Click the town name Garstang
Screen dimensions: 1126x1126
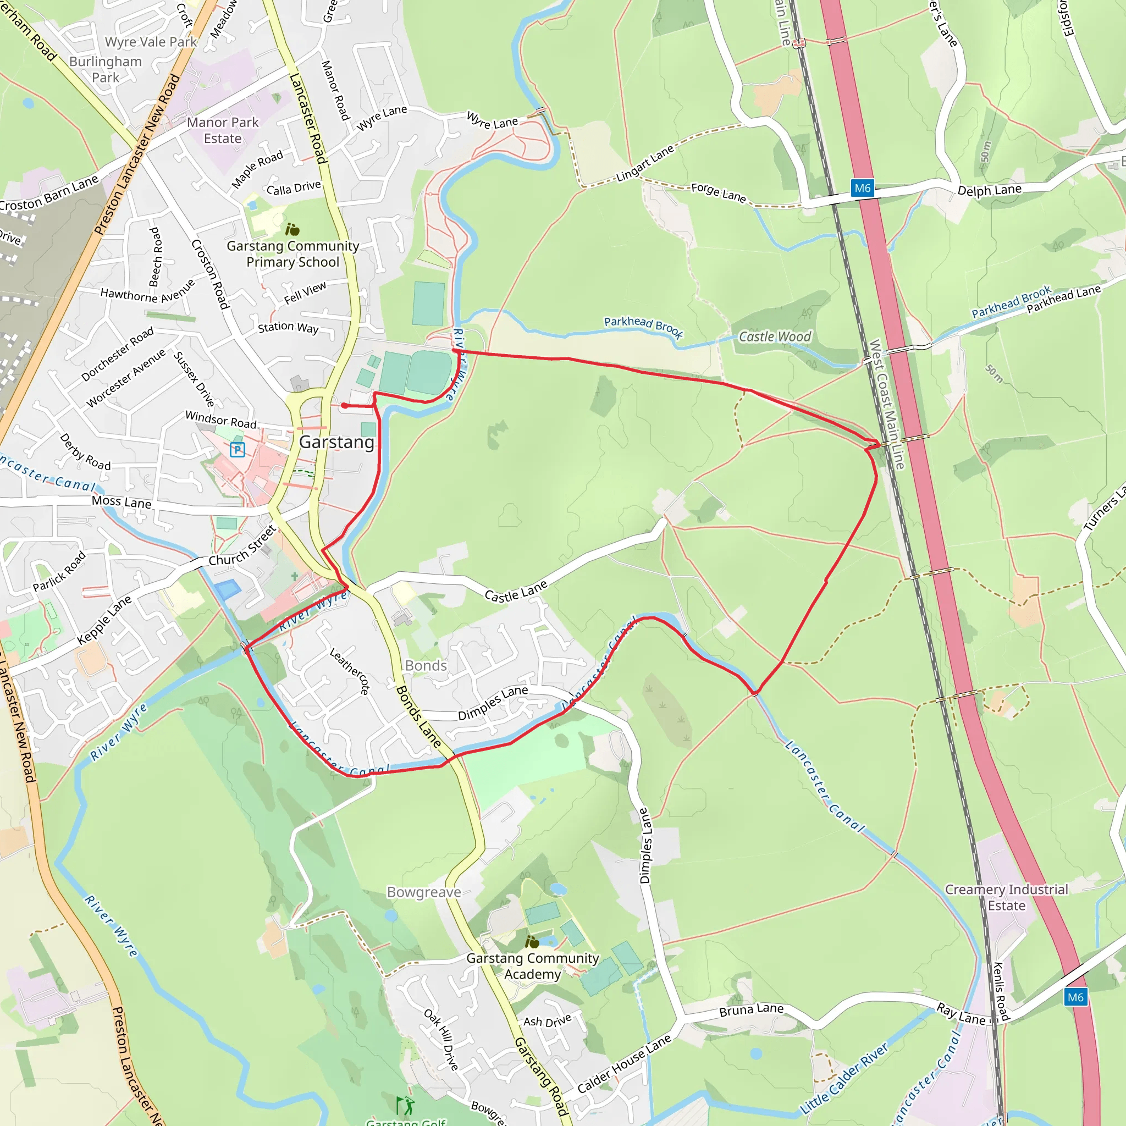click(x=336, y=442)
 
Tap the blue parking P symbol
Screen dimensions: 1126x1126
click(x=237, y=449)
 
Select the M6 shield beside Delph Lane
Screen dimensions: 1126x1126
click(x=862, y=188)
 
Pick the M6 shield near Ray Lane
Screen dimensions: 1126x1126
click(x=1075, y=997)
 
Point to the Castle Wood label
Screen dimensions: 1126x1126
click(x=775, y=337)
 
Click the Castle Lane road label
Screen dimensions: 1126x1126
click(x=516, y=592)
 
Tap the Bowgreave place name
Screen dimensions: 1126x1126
click(x=424, y=892)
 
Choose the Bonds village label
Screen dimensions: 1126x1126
click(x=426, y=666)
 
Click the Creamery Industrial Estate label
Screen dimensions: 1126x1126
click(x=1007, y=897)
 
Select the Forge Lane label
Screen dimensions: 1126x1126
click(x=718, y=192)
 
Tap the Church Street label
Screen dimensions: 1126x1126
click(x=242, y=545)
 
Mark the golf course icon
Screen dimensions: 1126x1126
click(x=405, y=1105)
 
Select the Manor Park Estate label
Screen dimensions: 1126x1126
click(x=223, y=130)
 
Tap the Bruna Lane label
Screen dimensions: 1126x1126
click(x=751, y=1010)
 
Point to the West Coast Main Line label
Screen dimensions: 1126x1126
click(x=886, y=405)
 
